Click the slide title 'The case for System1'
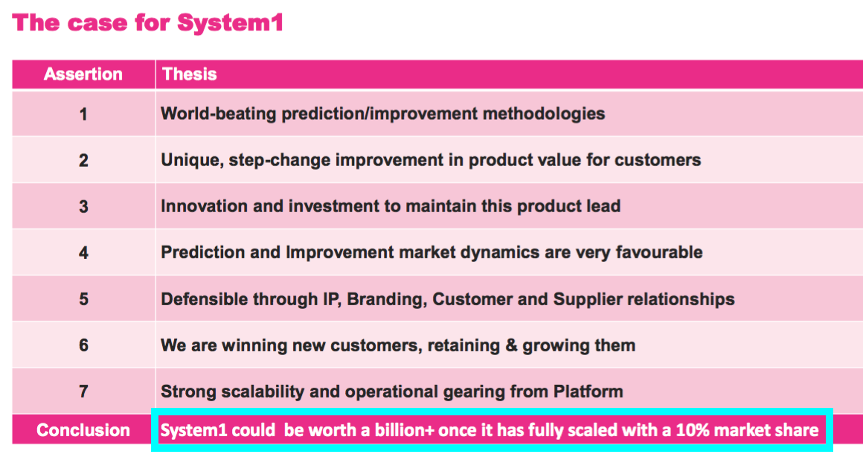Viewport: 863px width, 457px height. [147, 22]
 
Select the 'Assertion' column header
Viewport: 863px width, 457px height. [83, 74]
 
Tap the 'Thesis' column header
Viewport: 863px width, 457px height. [189, 74]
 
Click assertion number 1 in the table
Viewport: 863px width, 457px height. [83, 114]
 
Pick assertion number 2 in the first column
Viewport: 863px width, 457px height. [83, 160]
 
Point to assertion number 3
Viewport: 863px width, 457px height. [83, 206]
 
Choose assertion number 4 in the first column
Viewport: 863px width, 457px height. [83, 253]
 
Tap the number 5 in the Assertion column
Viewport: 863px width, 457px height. [83, 299]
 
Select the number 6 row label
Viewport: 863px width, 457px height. [83, 345]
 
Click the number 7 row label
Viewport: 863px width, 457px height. [83, 392]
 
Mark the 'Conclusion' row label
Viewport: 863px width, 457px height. [83, 430]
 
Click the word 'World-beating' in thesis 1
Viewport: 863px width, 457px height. [219, 114]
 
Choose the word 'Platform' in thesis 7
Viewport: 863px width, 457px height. [588, 392]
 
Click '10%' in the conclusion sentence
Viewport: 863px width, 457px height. [693, 430]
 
